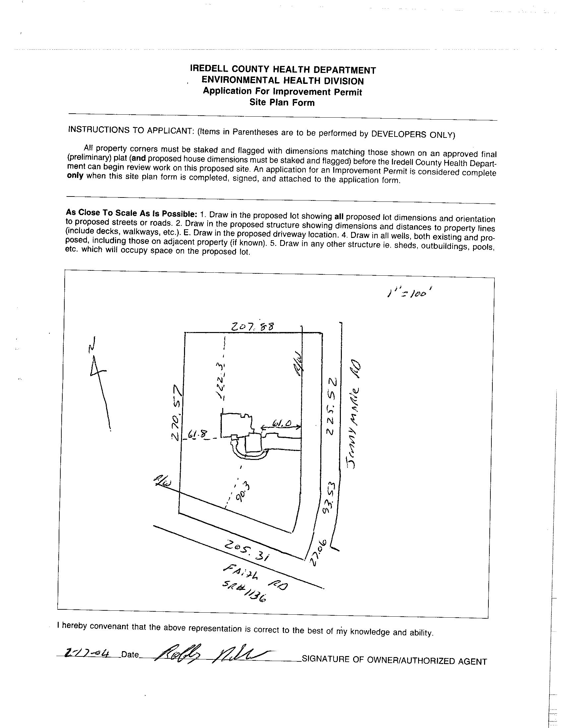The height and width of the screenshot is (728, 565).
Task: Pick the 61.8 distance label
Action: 197,434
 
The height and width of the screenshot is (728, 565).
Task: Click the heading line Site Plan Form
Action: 282,102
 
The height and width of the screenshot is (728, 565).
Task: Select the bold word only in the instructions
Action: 75,176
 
